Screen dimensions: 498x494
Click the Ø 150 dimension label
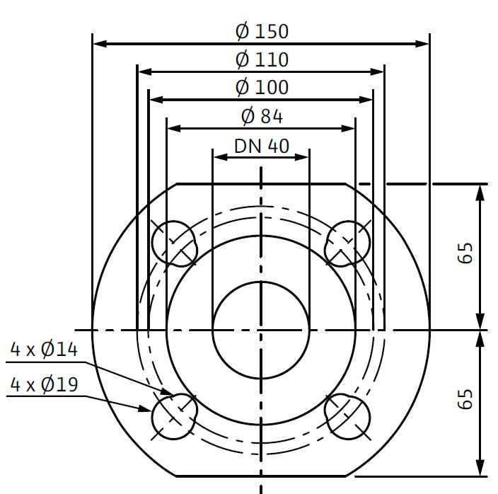pos(262,31)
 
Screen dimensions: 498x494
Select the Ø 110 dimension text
pos(262,59)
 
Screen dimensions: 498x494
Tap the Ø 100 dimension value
pos(262,87)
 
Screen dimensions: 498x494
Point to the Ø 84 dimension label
pos(262,115)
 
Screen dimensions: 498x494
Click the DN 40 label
pos(262,146)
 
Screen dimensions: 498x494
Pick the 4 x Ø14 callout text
pos(44,349)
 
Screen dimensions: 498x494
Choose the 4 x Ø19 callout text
pos(44,384)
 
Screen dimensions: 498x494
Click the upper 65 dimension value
pos(465,253)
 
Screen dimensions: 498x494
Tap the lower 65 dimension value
pos(465,398)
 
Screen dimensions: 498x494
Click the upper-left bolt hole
pos(174,243)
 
